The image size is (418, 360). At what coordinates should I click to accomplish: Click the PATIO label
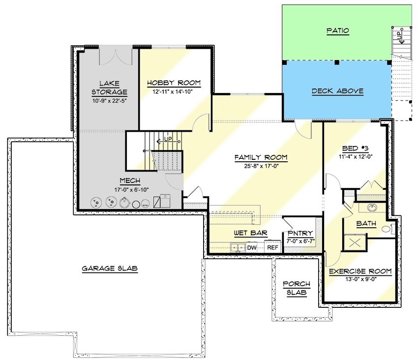coord(337,31)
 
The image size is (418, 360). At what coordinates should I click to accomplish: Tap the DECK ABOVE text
coord(337,91)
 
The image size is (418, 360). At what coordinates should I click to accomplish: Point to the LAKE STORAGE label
coord(109,88)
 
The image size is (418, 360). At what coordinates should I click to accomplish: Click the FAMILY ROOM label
coord(261,157)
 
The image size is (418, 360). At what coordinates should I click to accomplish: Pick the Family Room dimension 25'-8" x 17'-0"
coord(261,166)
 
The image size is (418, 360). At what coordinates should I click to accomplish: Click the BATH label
coord(366,224)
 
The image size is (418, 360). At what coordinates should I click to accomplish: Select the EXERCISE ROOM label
coord(360,271)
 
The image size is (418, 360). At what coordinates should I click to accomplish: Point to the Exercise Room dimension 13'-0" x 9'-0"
coord(360,279)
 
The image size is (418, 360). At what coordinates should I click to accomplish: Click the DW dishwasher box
coord(252,247)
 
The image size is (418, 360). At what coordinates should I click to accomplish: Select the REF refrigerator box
coord(272,247)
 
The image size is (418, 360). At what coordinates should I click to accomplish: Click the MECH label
coord(130,180)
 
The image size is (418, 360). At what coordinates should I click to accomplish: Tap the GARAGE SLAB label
coord(110,269)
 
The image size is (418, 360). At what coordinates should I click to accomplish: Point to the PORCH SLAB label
coord(297,288)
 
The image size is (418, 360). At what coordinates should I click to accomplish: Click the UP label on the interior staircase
coord(168,139)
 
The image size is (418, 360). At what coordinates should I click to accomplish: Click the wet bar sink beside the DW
coord(238,247)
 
